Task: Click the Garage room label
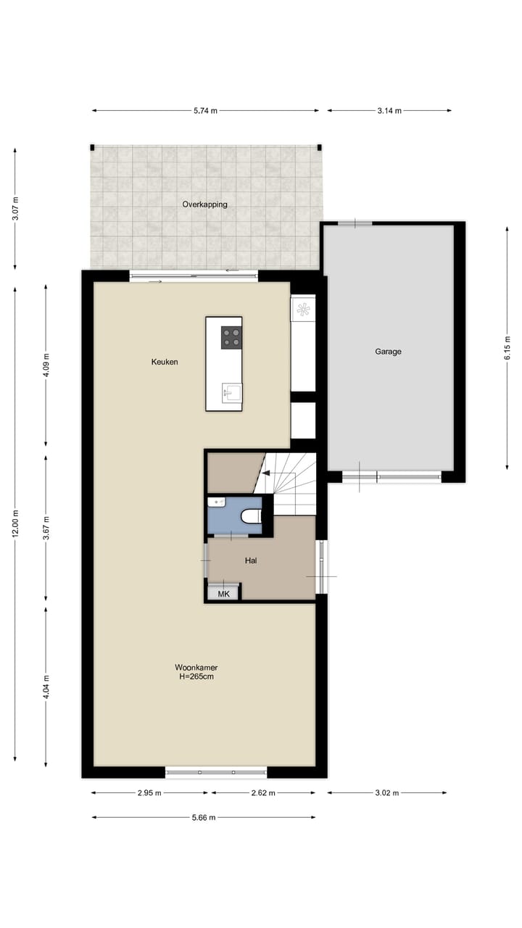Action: click(x=388, y=352)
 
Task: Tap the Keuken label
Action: click(x=165, y=362)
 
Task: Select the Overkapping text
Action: click(x=204, y=204)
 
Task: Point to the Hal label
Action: click(x=251, y=560)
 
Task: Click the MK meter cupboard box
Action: click(x=223, y=594)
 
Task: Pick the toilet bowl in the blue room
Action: click(x=251, y=515)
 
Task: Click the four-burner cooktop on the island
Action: click(x=231, y=338)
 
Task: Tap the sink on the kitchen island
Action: click(x=231, y=393)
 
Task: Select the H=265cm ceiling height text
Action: click(x=196, y=676)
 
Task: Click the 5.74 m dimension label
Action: click(x=205, y=111)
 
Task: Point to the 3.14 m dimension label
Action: click(x=389, y=111)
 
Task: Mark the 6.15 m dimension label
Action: click(x=508, y=347)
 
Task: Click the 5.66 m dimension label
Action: click(x=203, y=818)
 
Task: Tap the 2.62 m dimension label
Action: click(x=263, y=793)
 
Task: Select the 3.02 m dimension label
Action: click(x=386, y=793)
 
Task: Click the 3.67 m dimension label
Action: click(x=46, y=528)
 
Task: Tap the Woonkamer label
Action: click(x=196, y=667)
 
